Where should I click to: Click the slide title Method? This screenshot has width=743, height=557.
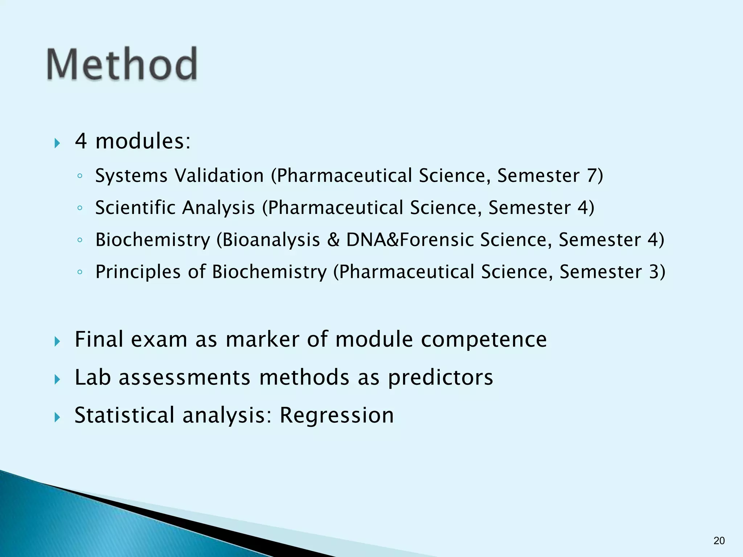click(x=122, y=64)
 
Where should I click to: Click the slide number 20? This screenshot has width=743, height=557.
click(x=719, y=541)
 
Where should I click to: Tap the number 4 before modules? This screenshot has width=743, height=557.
click(x=81, y=141)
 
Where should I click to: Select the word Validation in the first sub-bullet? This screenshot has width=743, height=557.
click(x=219, y=176)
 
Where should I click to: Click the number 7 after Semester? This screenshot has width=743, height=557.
click(x=591, y=176)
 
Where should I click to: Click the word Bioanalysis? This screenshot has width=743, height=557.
click(x=271, y=240)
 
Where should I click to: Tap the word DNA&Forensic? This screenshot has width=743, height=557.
click(x=409, y=240)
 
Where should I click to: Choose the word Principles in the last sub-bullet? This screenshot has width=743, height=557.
click(x=138, y=272)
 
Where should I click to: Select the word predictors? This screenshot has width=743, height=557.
click(x=440, y=377)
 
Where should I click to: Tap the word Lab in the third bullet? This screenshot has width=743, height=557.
click(x=93, y=377)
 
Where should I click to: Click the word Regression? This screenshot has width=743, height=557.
click(x=336, y=416)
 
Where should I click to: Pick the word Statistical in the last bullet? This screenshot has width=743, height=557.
click(x=124, y=416)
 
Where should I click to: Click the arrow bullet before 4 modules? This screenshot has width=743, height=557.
click(x=57, y=143)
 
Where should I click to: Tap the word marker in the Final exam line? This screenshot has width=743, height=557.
click(x=262, y=340)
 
